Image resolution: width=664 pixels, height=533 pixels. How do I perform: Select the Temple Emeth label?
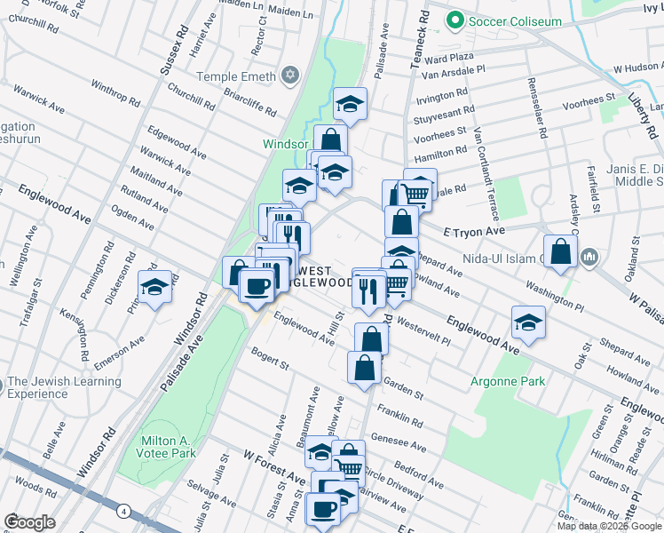coord(236,77)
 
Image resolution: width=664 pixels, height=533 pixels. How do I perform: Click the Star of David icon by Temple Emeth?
coord(289,76)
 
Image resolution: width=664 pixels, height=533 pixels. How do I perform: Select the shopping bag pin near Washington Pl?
coord(561,251)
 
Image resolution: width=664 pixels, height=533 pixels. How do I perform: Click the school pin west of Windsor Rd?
coord(155,288)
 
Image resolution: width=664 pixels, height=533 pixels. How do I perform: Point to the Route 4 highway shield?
coord(123,511)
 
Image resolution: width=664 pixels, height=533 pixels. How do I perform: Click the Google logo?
coord(29,521)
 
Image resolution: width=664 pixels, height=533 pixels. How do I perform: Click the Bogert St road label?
coord(270,360)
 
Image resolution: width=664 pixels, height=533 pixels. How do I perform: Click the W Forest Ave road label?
coord(274,467)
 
